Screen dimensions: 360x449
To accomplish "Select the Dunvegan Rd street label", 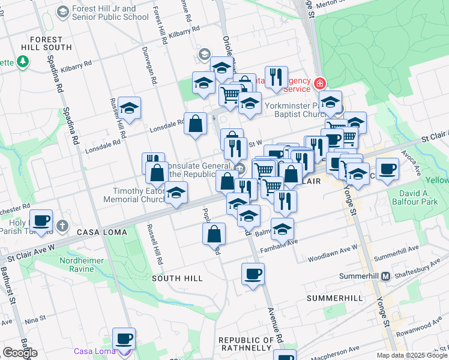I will pyautogui.click(x=146, y=65).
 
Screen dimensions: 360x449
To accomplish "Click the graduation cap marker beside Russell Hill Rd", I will pyautogui.click(x=129, y=109).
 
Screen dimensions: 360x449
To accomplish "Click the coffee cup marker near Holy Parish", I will pyautogui.click(x=41, y=220).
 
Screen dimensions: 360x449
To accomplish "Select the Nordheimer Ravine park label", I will pyautogui.click(x=77, y=265).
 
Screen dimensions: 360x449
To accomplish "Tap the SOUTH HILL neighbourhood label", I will pyautogui.click(x=177, y=278).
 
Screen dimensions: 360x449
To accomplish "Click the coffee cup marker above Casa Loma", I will pyautogui.click(x=124, y=339).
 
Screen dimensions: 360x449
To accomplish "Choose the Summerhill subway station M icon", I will pyautogui.click(x=386, y=276).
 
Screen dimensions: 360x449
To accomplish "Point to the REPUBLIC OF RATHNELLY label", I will pyautogui.click(x=247, y=344).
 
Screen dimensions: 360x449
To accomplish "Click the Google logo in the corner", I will pyautogui.click(x=20, y=353).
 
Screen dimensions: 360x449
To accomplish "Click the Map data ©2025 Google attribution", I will pyautogui.click(x=412, y=355).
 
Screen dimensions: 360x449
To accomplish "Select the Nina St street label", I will pyautogui.click(x=37, y=319).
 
